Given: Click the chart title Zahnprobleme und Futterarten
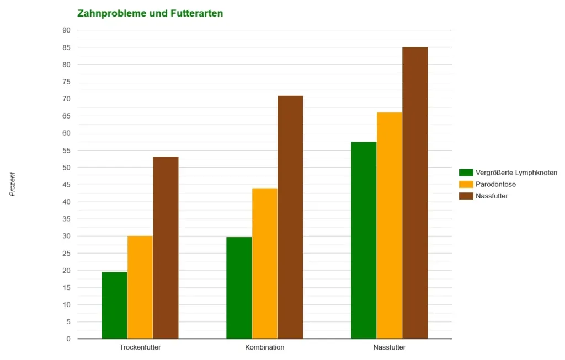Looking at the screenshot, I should click(150, 13).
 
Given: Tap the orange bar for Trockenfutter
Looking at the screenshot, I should click(140, 287).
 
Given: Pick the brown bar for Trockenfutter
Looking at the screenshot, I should click(166, 248).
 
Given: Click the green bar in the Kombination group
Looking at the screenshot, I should click(239, 288).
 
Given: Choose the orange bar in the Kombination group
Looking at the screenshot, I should click(265, 263).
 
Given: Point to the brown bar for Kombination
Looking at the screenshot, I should click(290, 217).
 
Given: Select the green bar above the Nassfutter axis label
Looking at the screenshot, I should click(364, 240).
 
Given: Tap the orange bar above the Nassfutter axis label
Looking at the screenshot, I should click(389, 225).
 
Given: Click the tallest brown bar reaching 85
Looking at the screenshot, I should click(415, 193).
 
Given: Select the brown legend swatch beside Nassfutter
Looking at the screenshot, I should click(466, 196).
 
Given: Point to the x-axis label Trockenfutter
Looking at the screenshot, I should click(140, 348).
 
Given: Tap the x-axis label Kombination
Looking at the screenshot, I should click(265, 348).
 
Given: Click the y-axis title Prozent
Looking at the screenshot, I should click(12, 185).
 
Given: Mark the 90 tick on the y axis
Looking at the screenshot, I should click(67, 30).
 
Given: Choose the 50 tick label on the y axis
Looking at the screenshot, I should click(67, 168).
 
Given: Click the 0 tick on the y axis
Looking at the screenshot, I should click(68, 339).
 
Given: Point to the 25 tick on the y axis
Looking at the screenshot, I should click(67, 253).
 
